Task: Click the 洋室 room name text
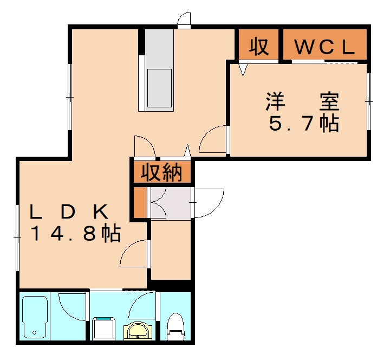pyautogui.click(x=302, y=101)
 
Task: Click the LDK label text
pyautogui.click(x=70, y=211)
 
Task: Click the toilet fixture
pyautogui.click(x=175, y=325)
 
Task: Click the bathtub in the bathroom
pyautogui.click(x=35, y=317)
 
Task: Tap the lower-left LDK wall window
pyautogui.click(x=18, y=236)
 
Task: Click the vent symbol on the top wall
pyautogui.click(x=184, y=20)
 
